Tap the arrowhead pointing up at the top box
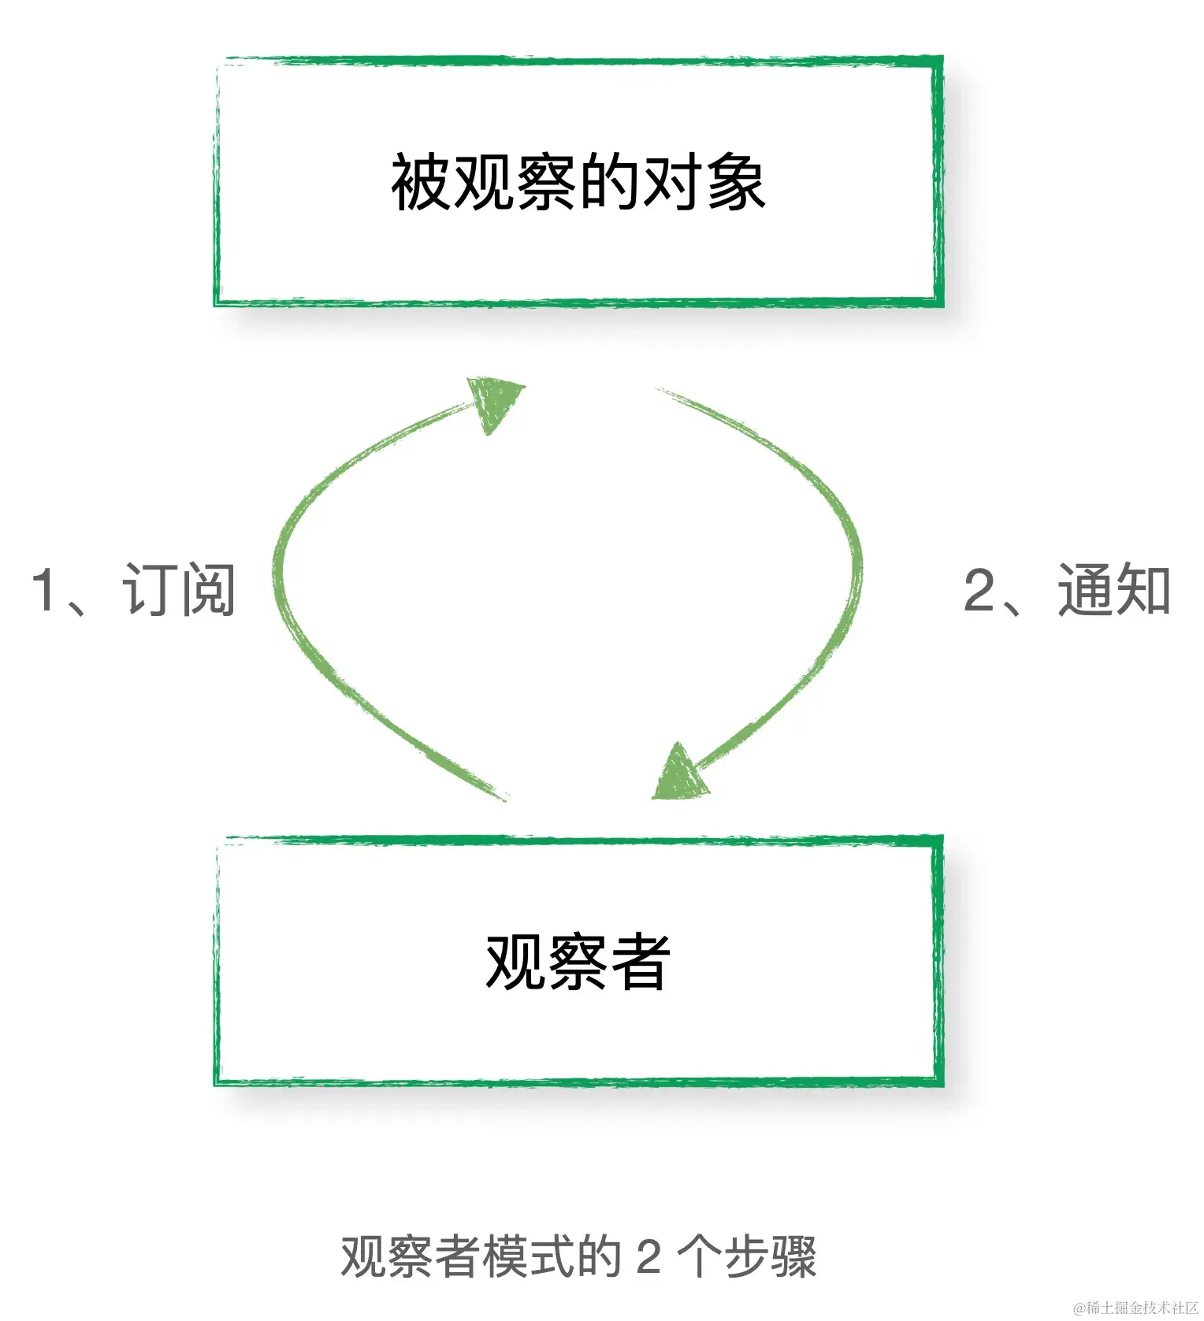point(493,401)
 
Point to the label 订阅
point(180,590)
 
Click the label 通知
point(1114,590)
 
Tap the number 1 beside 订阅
point(43,590)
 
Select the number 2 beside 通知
point(979,590)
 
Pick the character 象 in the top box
point(736,182)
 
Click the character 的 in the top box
point(610,182)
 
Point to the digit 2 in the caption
point(648,1256)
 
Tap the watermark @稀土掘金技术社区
point(1135,1308)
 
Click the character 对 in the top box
point(673,182)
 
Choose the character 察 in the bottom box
point(578,962)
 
